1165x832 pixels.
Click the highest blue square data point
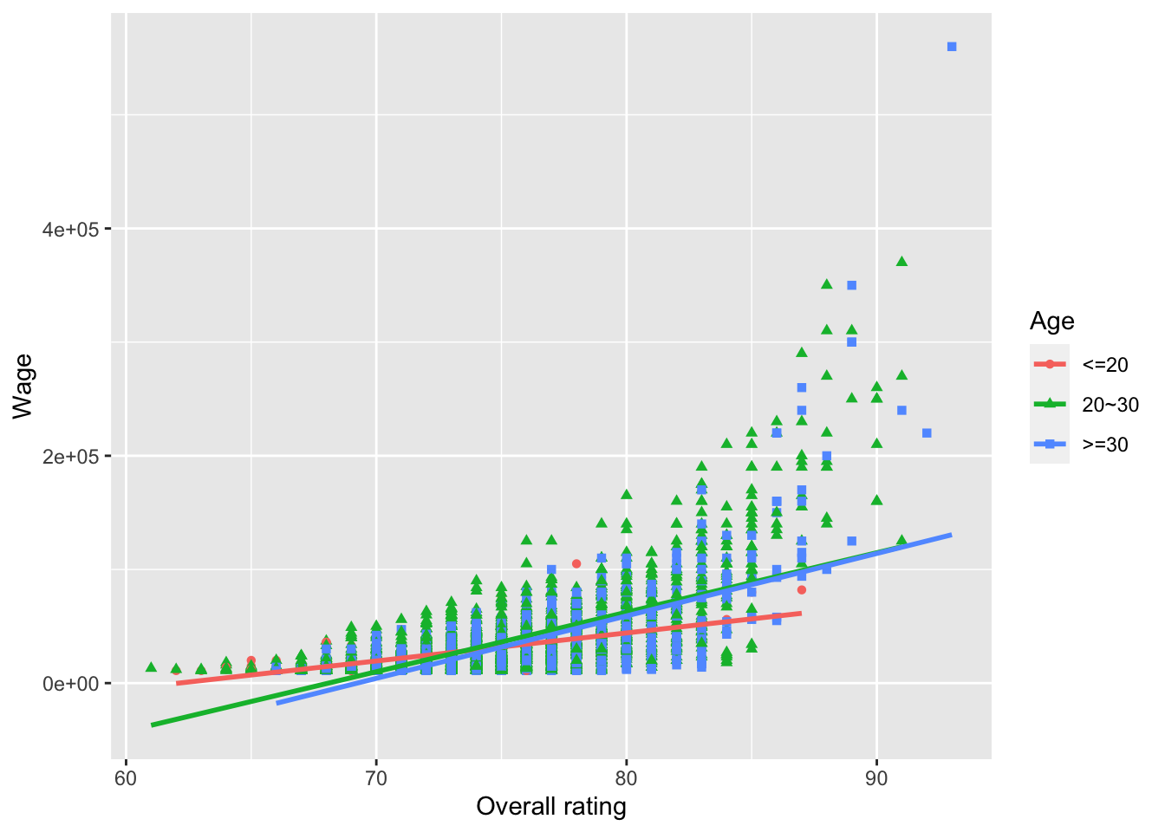pos(952,47)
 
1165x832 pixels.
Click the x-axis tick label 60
pos(127,777)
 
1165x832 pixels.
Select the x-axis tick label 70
pos(376,777)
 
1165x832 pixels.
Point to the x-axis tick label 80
pos(626,777)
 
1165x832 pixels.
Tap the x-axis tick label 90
pos(876,777)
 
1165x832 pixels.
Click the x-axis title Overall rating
pos(551,807)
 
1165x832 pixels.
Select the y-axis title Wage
pos(23,386)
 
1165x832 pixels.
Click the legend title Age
pos(1051,322)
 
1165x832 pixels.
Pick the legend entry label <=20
pos(1105,365)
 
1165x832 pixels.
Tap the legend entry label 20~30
pos(1110,405)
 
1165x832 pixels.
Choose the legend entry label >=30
pos(1105,445)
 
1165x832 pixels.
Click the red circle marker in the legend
pos(1050,364)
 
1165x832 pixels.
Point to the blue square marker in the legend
pos(1050,444)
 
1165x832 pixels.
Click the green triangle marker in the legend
pos(1050,404)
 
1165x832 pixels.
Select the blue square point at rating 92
pos(927,432)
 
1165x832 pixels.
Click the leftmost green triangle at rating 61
pos(151,666)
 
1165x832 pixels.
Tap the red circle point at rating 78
pos(576,563)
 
